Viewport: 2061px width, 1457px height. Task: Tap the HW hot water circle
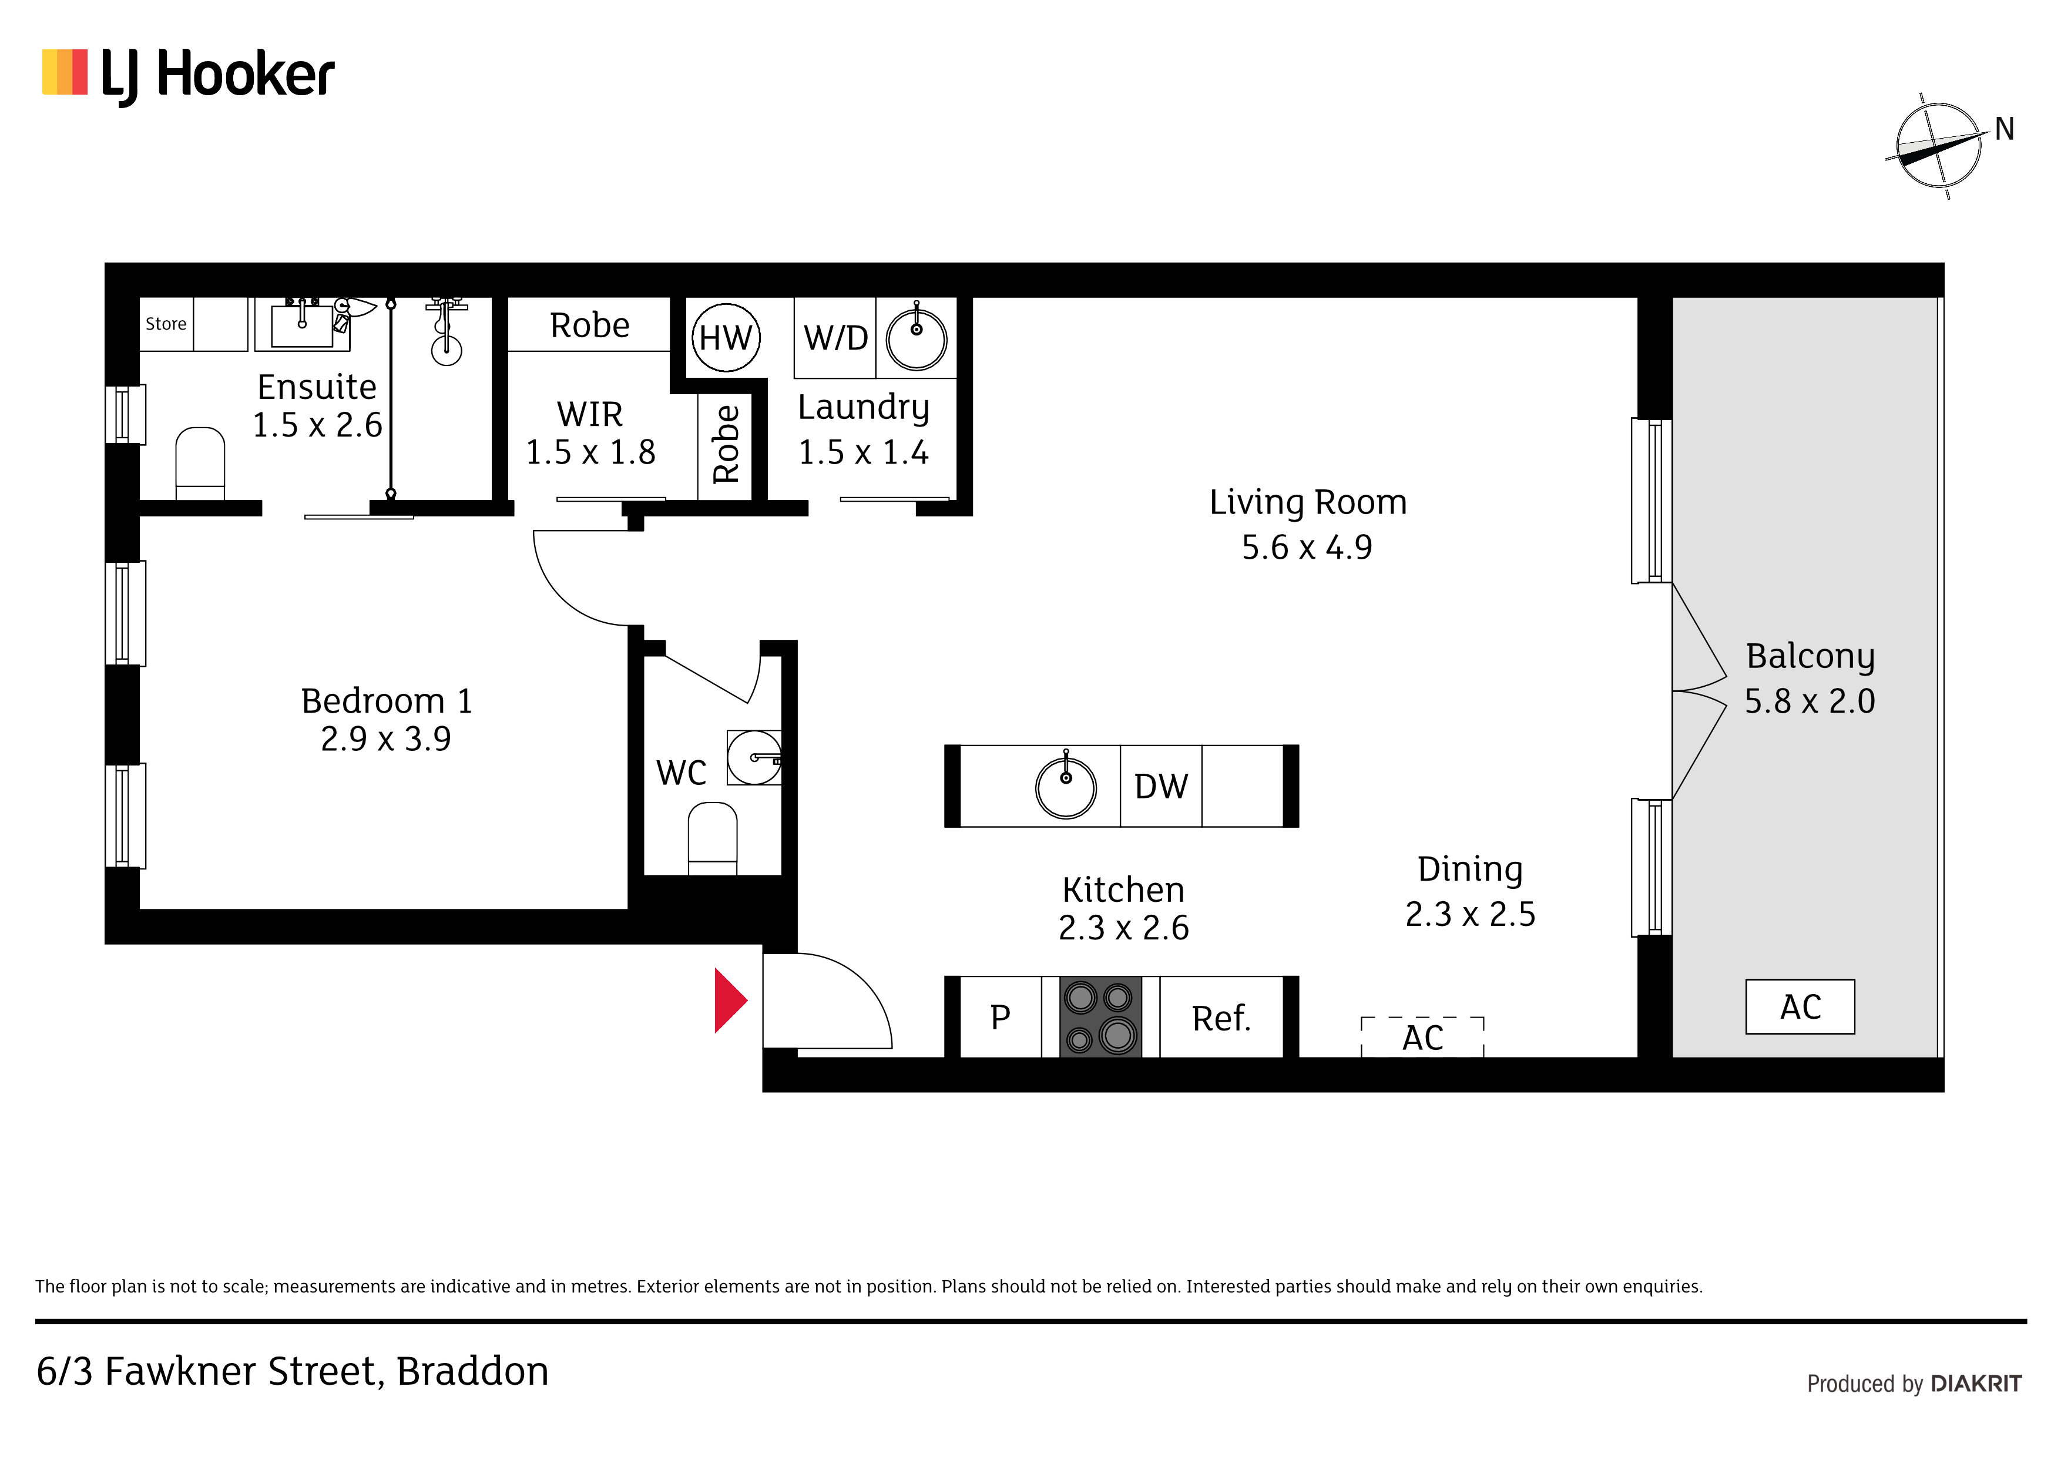[x=726, y=338]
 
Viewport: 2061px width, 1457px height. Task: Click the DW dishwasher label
[x=1161, y=787]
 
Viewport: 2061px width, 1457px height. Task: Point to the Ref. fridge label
[x=1221, y=1018]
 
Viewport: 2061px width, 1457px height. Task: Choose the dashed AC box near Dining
[x=1423, y=1037]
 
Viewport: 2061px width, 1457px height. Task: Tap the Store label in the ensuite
[x=166, y=324]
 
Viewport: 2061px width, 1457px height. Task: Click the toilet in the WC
[x=713, y=838]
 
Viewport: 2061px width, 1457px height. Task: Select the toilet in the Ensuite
[x=200, y=463]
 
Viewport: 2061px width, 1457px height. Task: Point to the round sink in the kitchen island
[x=1066, y=787]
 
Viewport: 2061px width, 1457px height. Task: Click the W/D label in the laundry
[x=835, y=338]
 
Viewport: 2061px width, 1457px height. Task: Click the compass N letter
[x=2005, y=129]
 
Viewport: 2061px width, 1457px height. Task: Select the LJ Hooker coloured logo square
[x=65, y=72]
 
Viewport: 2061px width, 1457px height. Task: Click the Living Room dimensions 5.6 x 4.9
[x=1307, y=547]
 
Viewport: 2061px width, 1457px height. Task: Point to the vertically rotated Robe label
[x=726, y=444]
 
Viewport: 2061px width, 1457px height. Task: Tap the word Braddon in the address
[x=472, y=1372]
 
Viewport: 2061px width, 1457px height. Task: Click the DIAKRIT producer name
[x=1976, y=1384]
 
